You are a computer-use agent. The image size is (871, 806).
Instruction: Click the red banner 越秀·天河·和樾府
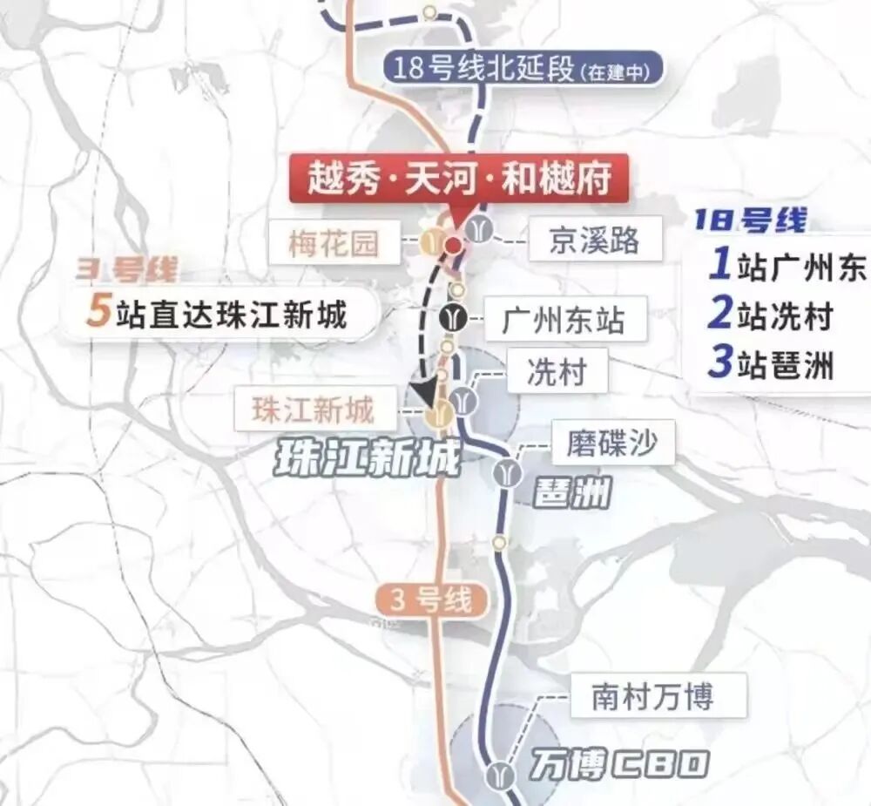(x=458, y=179)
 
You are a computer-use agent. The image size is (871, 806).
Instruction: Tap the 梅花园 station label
(x=334, y=243)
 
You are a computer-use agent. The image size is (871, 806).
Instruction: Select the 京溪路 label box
(x=594, y=240)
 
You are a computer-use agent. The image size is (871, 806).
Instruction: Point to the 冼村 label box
(x=556, y=373)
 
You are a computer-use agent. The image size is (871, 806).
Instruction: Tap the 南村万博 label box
(x=652, y=696)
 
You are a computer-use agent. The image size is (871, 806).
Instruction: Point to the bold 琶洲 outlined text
(x=572, y=494)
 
